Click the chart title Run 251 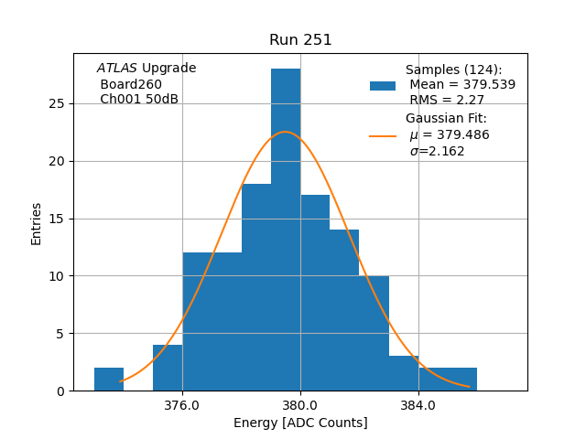click(x=300, y=40)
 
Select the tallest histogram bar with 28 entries click(x=286, y=229)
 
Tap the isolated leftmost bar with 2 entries click(x=109, y=379)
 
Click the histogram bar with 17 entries click(x=315, y=293)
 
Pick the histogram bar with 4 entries click(x=168, y=368)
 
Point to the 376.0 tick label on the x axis click(x=182, y=405)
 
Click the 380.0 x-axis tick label click(x=300, y=405)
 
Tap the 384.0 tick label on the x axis click(x=418, y=405)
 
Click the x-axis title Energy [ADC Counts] click(x=300, y=423)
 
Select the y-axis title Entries click(x=37, y=223)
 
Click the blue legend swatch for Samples click(x=383, y=86)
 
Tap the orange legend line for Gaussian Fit click(x=383, y=135)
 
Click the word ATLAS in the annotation click(x=117, y=69)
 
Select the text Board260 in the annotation click(x=131, y=84)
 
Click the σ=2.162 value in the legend click(x=437, y=151)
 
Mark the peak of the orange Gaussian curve click(x=286, y=133)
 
